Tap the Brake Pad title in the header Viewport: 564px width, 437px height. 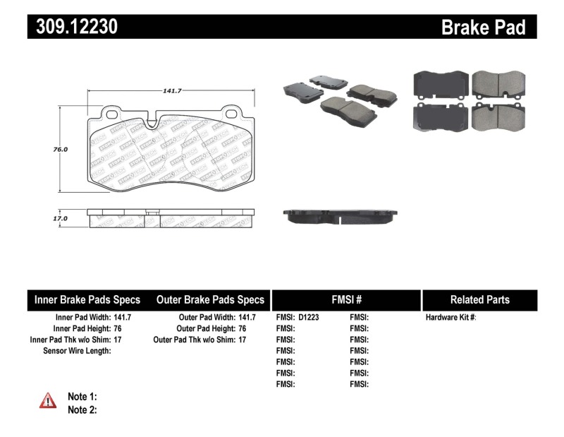(483, 27)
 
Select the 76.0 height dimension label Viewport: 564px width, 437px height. (61, 150)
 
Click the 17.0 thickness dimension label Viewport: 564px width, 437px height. (61, 219)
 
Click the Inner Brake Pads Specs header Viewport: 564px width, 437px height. (87, 300)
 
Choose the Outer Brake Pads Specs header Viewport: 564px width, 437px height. (210, 300)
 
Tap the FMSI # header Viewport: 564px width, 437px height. (346, 300)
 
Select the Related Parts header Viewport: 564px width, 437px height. (479, 300)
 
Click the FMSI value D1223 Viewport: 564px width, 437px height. (309, 318)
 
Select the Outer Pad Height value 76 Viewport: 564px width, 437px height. (243, 329)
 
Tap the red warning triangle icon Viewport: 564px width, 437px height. (47, 401)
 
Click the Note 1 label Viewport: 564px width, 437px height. (82, 397)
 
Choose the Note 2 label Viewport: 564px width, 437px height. (82, 409)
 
